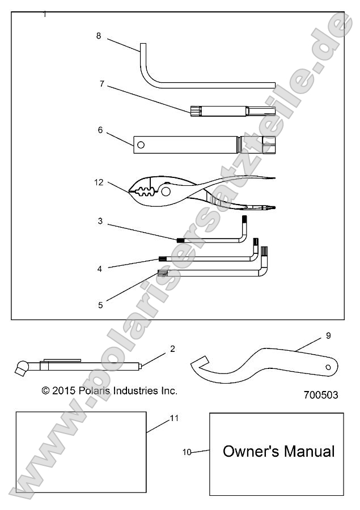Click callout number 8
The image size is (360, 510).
99,36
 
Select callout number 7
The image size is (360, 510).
101,84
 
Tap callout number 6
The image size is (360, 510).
100,130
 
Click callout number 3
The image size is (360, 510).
100,221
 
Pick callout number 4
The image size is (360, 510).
100,269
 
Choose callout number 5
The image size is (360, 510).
100,305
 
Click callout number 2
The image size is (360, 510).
172,348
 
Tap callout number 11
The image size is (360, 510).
175,418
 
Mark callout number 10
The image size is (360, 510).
187,452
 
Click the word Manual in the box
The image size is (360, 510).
309,451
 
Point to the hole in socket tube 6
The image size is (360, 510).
141,145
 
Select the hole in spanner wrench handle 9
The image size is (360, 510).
328,367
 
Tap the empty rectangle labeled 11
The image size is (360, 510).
81,451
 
